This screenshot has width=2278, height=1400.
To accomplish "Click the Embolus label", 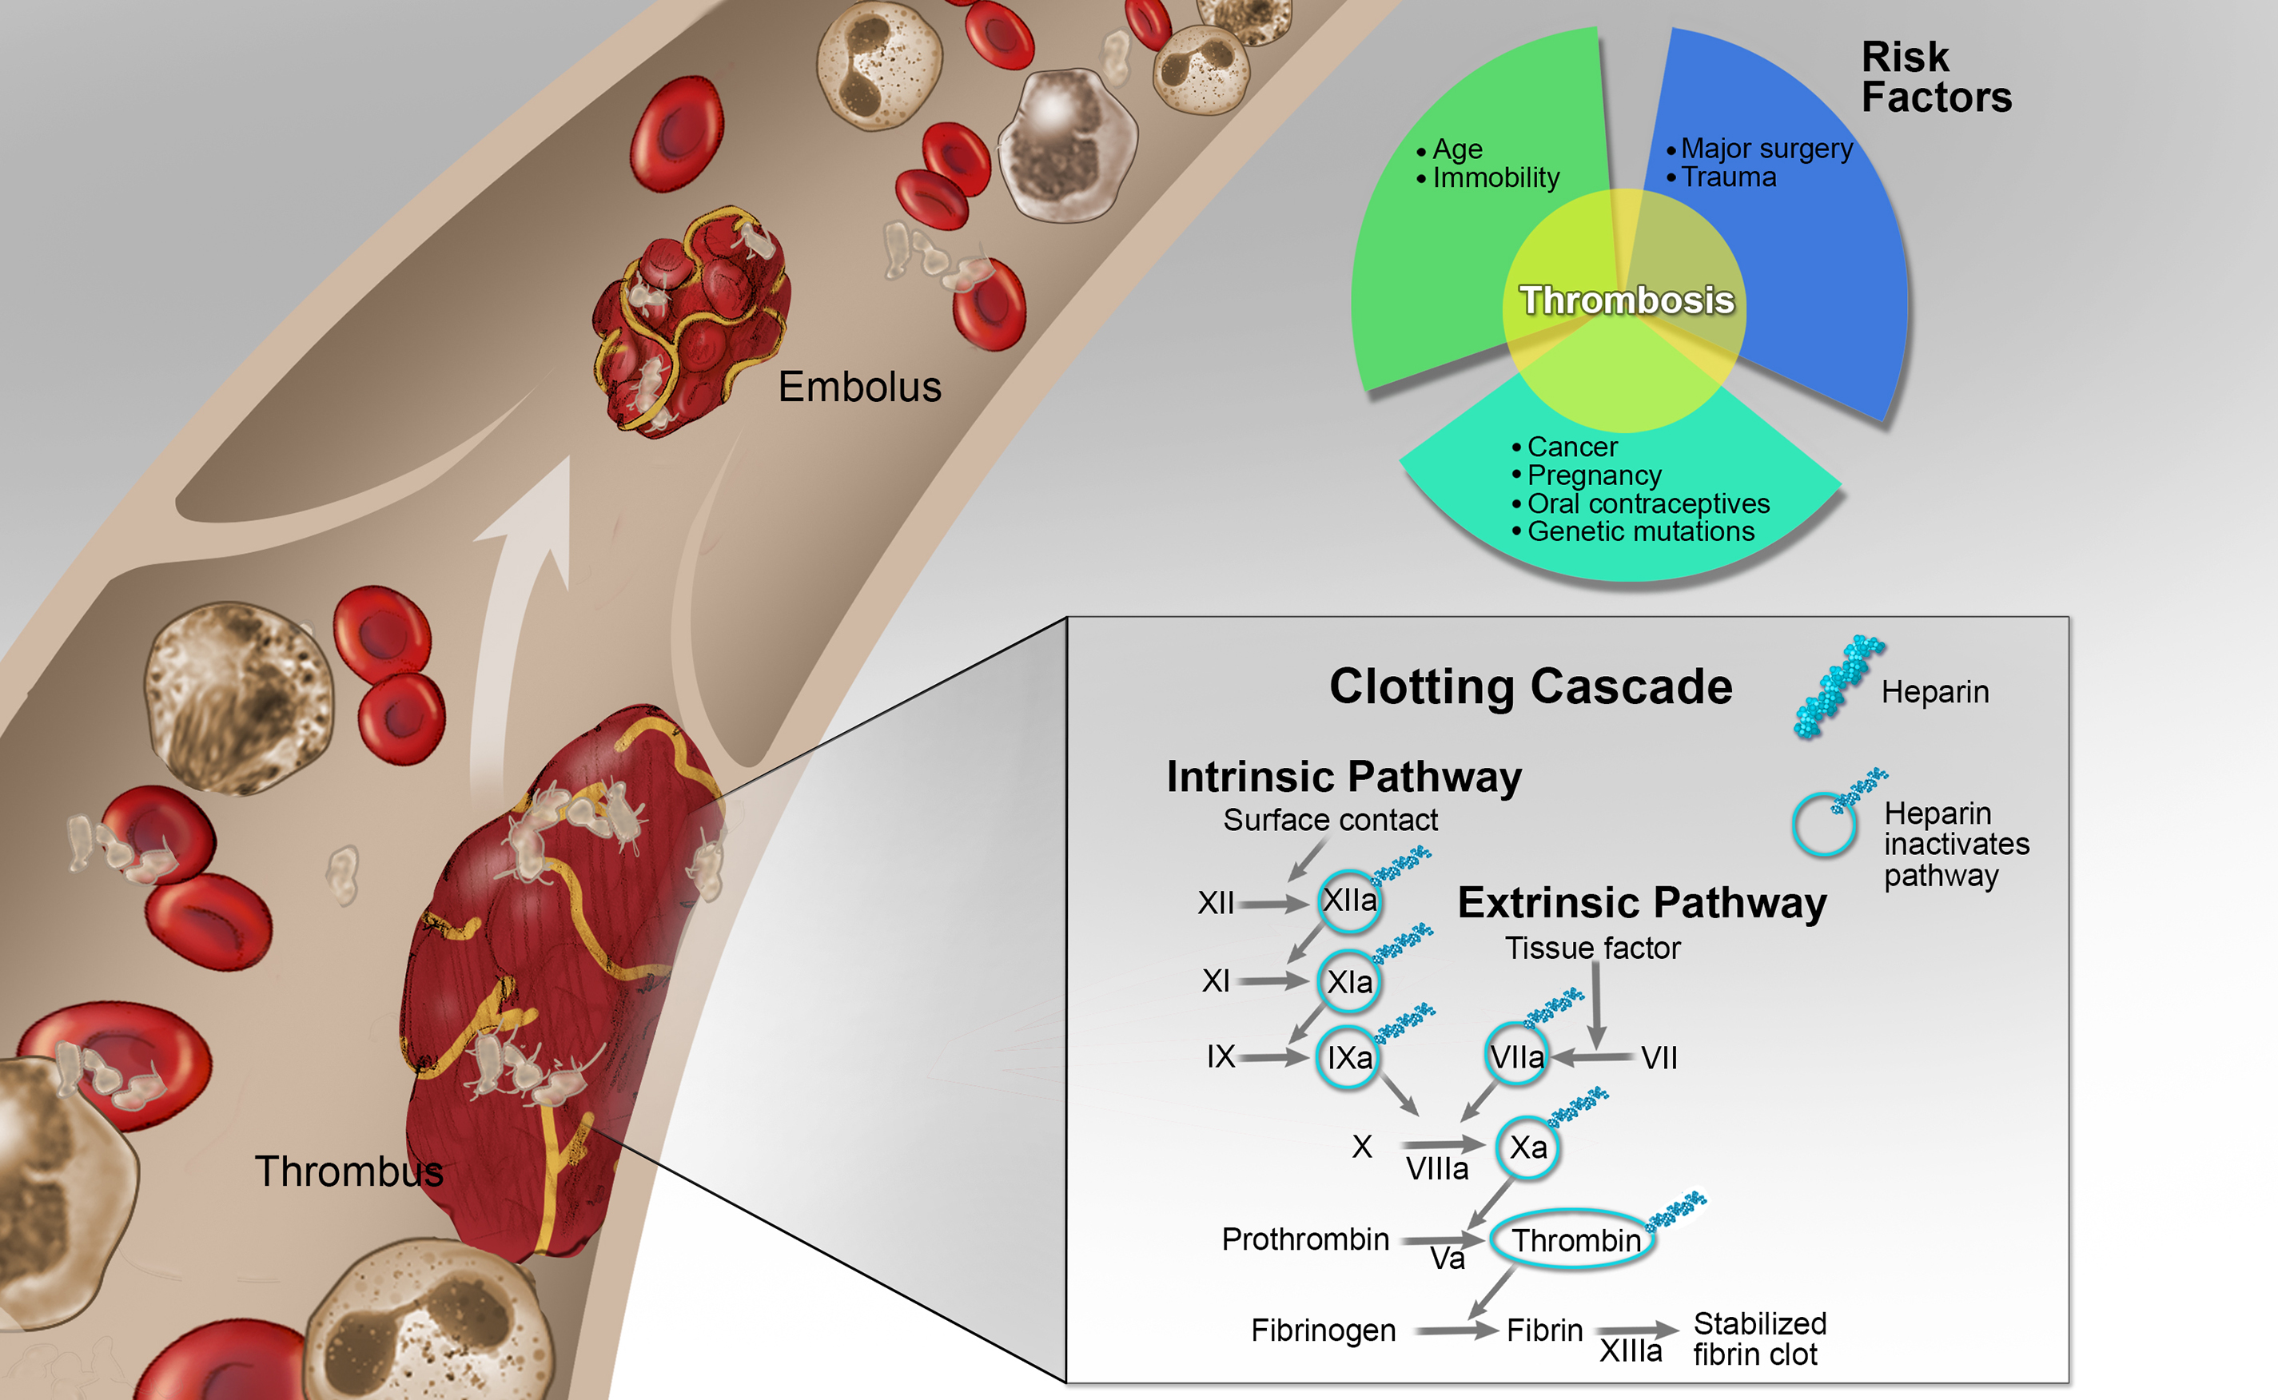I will pos(858,387).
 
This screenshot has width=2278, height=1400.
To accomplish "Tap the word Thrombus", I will pos(348,1171).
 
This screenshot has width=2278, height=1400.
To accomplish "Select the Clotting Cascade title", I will pos(1530,686).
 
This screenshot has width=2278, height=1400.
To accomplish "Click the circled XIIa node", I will pos(1349,900).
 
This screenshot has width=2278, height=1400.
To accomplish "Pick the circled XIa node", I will pos(1349,981).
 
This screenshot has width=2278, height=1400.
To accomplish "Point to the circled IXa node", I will pos(1348,1057).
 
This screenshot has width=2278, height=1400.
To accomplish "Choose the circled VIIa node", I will pos(1517,1056).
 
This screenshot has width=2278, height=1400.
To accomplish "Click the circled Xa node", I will pos(1528,1148).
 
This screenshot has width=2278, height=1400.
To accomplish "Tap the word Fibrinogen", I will pos(1322,1330).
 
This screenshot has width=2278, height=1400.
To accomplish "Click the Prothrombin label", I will pos(1304,1239).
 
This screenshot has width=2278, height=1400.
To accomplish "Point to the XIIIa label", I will pos(1631,1352).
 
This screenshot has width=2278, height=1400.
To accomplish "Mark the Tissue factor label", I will pos(1592,949).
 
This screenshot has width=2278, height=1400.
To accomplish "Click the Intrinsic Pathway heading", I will pos(1344,777).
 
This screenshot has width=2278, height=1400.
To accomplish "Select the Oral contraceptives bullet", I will pos(1647,503).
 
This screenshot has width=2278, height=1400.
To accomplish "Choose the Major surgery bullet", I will pos(1766,148).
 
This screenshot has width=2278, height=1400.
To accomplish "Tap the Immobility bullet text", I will pos(1495,177).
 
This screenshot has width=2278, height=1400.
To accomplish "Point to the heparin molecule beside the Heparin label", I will pos(1838,686).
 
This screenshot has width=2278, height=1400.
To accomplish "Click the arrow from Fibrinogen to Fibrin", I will pos(1456,1330).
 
